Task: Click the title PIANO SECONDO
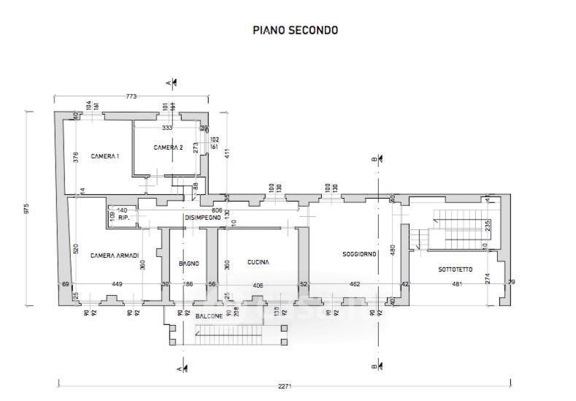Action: tap(295, 31)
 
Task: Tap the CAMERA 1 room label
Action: tap(105, 156)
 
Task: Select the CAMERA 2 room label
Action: tap(169, 148)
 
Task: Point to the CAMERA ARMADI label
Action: tap(115, 255)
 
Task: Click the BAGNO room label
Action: tap(189, 263)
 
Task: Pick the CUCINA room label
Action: tap(258, 262)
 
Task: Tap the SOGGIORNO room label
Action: tap(359, 254)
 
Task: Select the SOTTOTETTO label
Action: tap(456, 270)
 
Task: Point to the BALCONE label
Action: tap(210, 316)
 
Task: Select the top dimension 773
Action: tap(131, 96)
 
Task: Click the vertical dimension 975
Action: tap(26, 208)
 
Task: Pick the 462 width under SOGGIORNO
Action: tap(355, 284)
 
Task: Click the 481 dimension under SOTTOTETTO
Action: tap(458, 284)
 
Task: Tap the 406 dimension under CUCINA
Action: tap(258, 284)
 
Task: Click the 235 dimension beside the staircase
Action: tap(488, 226)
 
